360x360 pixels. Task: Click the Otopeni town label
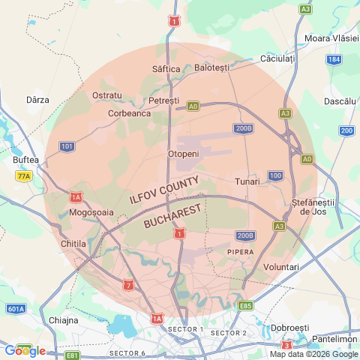[x=183, y=154]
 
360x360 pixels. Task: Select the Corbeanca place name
[x=129, y=113]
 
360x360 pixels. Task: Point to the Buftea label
[x=25, y=160]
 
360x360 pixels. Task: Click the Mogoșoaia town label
[x=91, y=212]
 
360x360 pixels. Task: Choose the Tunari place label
[x=247, y=181]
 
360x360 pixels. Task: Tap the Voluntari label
[x=282, y=267]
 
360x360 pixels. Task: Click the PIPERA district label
[x=240, y=252]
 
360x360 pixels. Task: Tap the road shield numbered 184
[x=334, y=59]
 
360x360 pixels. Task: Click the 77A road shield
[x=24, y=175]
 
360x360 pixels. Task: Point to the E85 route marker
[x=245, y=306]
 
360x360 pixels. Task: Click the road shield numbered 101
[x=67, y=145]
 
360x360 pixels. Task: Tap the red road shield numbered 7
[x=129, y=285]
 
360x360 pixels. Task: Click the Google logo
[x=24, y=350]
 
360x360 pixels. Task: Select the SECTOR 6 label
[x=127, y=352]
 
